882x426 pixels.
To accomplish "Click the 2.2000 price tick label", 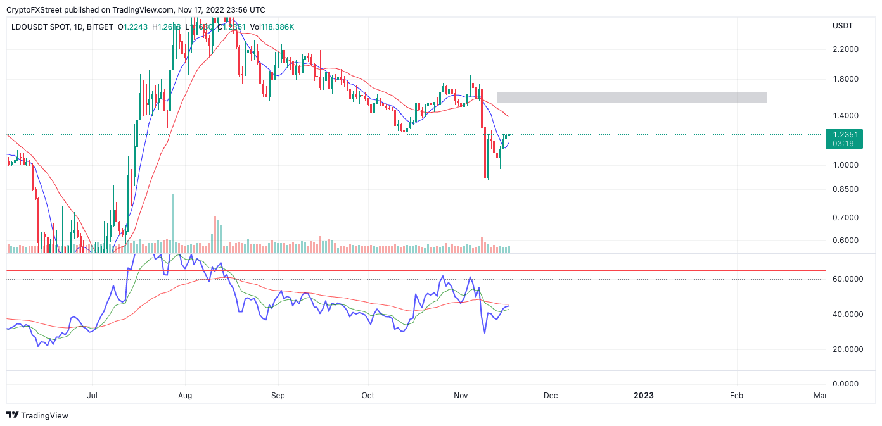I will [845, 49].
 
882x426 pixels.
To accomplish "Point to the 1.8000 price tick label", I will [845, 79].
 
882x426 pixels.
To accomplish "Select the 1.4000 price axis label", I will [845, 116].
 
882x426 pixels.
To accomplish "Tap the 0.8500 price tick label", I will [845, 189].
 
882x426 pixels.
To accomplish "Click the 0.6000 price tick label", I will [845, 241].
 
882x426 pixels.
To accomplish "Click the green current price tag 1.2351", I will [845, 134].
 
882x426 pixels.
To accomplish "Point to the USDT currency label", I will [842, 26].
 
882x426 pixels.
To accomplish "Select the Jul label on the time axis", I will [92, 396].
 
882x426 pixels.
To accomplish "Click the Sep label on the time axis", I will [278, 396].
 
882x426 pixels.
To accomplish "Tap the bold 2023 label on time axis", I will [644, 396].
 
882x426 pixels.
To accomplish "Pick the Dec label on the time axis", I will [551, 396].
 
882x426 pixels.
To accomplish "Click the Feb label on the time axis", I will [736, 396].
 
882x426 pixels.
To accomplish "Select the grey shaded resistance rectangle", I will [632, 97].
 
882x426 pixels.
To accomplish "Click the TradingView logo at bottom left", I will [37, 415].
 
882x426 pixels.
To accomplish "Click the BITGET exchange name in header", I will [100, 27].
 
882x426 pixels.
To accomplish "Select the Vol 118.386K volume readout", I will [272, 27].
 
